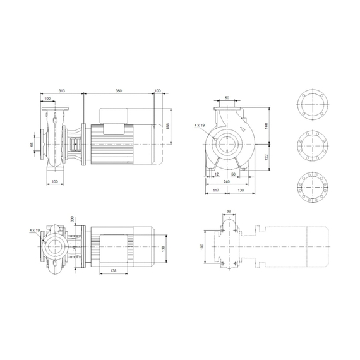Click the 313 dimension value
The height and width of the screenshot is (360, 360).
pos(61,91)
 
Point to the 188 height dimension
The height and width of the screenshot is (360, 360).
pos(168,126)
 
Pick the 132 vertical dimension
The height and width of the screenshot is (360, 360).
pos(267,155)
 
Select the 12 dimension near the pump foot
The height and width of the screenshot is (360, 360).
pos(216,174)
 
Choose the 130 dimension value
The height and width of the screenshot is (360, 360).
pos(241,190)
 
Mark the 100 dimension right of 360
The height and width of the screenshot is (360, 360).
pos(157,91)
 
